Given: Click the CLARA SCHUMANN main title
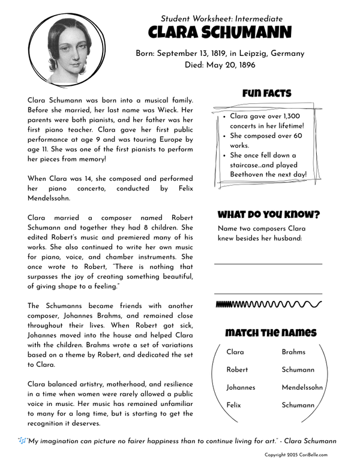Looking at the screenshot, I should [220, 32].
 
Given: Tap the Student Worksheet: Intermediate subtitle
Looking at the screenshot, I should [221, 19].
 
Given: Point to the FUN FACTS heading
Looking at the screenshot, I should [266, 94].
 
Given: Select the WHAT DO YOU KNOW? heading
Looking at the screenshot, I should [268, 214].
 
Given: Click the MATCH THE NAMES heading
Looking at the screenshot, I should [270, 333].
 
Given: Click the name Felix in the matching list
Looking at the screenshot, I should [233, 405].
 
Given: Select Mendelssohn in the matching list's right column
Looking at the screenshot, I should [302, 388].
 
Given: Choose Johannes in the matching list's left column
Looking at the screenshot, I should [241, 388].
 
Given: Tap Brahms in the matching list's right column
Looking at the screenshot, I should [293, 352].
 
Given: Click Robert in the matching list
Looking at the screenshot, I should [237, 370].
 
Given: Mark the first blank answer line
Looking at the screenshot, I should [268, 264].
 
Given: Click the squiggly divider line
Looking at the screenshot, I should [268, 304].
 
